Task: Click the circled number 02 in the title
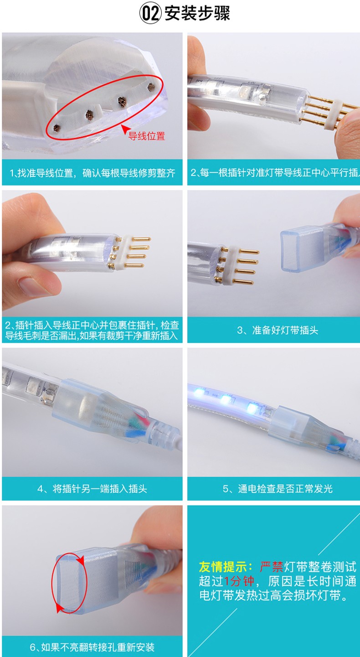pyautogui.click(x=150, y=14)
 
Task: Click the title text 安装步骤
pyautogui.click(x=197, y=14)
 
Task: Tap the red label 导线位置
pyautogui.click(x=147, y=136)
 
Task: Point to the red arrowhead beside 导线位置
pyautogui.click(x=125, y=129)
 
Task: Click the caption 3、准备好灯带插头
pyautogui.click(x=278, y=330)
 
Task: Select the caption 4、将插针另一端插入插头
pyautogui.click(x=92, y=488)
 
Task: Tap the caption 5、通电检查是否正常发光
pyautogui.click(x=278, y=488)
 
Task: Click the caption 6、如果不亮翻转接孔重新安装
pyautogui.click(x=92, y=647)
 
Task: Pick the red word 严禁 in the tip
pyautogui.click(x=272, y=567)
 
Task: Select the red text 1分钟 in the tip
pyautogui.click(x=239, y=581)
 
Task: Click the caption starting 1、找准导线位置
pyautogui.click(x=93, y=173)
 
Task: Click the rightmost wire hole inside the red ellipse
pyautogui.click(x=151, y=87)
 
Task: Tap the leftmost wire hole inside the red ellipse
pyautogui.click(x=57, y=128)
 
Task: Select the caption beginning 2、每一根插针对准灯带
pyautogui.click(x=275, y=173)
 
